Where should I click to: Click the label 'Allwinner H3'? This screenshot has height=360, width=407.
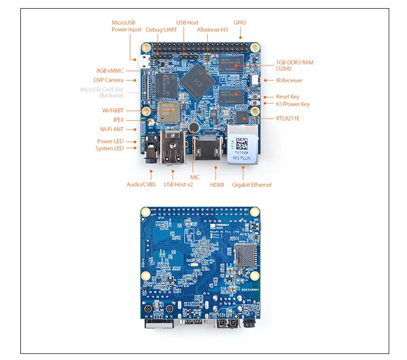pyautogui.click(x=212, y=29)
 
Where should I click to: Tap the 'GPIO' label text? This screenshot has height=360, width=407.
pyautogui.click(x=240, y=22)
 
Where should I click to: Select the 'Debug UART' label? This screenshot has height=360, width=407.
pyautogui.click(x=161, y=29)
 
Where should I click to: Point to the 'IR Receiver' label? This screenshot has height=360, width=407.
pyautogui.click(x=289, y=80)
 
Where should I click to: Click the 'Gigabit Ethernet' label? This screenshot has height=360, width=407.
pyautogui.click(x=251, y=185)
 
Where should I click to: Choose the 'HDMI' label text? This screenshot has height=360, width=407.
pyautogui.click(x=217, y=185)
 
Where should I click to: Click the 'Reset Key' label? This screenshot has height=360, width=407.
pyautogui.click(x=287, y=97)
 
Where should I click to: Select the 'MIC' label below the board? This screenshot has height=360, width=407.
pyautogui.click(x=195, y=177)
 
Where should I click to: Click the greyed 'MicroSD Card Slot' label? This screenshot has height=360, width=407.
pyautogui.click(x=101, y=89)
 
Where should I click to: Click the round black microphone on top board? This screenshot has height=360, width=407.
pyautogui.click(x=193, y=127)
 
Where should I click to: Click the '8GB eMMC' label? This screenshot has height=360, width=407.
pyautogui.click(x=110, y=71)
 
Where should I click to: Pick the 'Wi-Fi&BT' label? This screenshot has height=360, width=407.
pyautogui.click(x=113, y=110)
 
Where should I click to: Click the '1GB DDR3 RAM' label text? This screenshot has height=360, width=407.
pyautogui.click(x=295, y=62)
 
